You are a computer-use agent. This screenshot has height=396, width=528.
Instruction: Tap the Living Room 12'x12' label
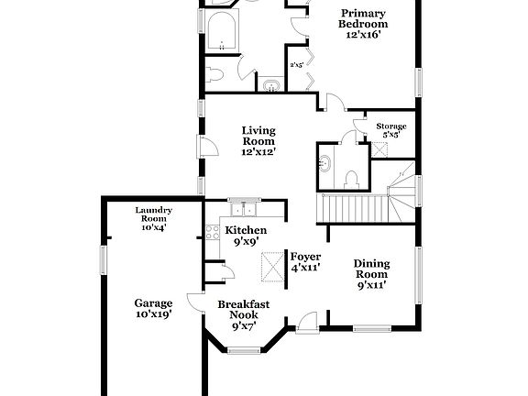tap(258, 141)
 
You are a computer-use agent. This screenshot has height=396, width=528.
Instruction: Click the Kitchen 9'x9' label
tap(246, 236)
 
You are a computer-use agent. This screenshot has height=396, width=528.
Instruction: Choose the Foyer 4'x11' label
tap(304, 262)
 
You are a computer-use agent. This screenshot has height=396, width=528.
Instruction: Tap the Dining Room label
tap(371, 273)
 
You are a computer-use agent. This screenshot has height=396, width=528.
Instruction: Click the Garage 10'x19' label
tap(153, 308)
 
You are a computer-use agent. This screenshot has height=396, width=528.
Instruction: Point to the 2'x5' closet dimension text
tap(296, 65)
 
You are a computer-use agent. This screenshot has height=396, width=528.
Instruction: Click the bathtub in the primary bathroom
tap(223, 34)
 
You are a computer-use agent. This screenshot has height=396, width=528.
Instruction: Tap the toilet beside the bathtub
tap(214, 71)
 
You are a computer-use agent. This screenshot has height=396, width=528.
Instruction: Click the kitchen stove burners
tap(212, 229)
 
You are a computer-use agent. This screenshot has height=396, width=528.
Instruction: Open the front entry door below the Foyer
tap(306, 321)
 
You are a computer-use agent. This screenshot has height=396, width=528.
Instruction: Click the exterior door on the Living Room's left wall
tap(208, 148)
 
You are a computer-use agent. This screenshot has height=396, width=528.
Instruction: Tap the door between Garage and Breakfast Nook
tap(194, 302)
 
